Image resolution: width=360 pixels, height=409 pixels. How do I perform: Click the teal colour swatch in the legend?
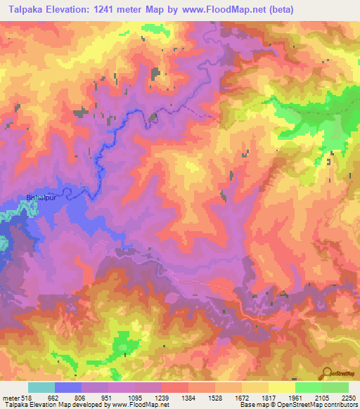point(41,387)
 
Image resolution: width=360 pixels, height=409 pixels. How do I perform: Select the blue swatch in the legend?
point(68,387)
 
